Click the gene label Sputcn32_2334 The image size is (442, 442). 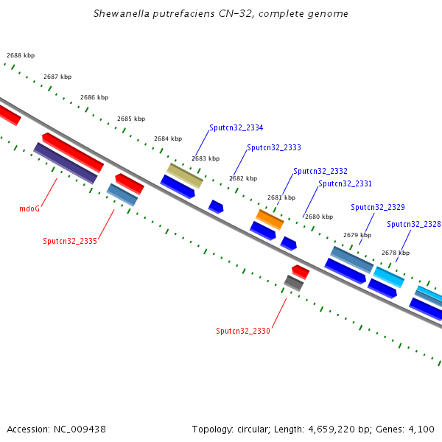click(236, 127)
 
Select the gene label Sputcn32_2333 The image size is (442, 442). click(274, 147)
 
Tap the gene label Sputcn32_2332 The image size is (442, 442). click(320, 171)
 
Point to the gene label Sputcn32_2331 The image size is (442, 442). click(345, 183)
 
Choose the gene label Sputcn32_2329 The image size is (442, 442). click(378, 207)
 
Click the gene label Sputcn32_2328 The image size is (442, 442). click(413, 224)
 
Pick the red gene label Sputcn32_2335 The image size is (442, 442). click(70, 241)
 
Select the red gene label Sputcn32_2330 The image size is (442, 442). click(243, 331)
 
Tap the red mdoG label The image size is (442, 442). click(29, 208)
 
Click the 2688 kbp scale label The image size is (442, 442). click(21, 55)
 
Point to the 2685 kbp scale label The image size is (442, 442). click(131, 119)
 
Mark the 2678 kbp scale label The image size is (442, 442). click(396, 253)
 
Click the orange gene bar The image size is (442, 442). click(270, 220)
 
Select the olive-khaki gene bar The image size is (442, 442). click(185, 175)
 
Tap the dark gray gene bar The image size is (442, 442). click(294, 283)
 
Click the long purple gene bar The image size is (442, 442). click(66, 164)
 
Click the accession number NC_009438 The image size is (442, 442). click(80, 429)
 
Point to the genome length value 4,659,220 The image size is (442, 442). click(331, 429)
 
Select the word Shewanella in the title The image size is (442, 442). click(122, 13)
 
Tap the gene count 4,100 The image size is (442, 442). click(421, 429)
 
